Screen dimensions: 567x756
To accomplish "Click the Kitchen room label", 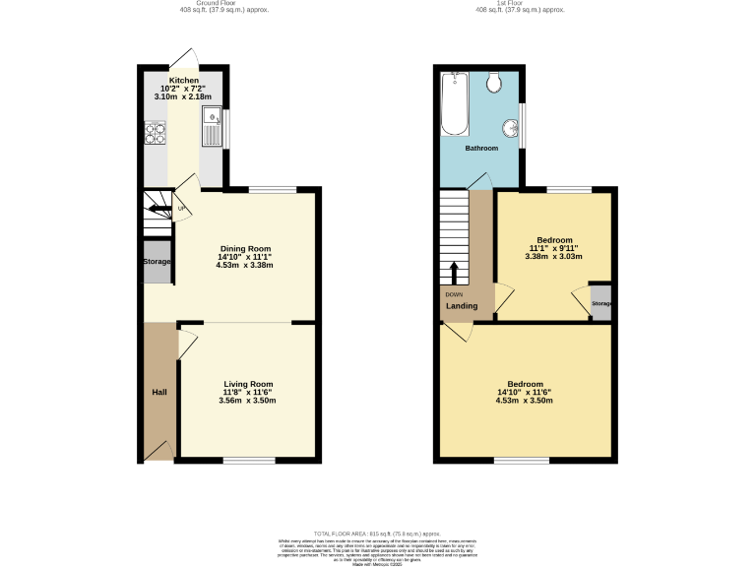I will click(183, 81).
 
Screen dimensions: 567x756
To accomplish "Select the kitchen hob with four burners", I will click(156, 132).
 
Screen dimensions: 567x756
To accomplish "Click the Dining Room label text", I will click(244, 249).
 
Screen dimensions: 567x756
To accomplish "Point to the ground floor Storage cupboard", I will click(157, 262).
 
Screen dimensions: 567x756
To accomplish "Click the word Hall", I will click(158, 393).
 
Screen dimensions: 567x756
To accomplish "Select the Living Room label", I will click(248, 384).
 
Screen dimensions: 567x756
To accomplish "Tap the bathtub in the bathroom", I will click(455, 103).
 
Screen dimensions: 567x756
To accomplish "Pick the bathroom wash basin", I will click(511, 127).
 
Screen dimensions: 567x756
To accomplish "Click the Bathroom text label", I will click(481, 149).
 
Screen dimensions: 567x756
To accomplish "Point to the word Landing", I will click(462, 306).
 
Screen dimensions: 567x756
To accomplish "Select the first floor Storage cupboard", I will click(601, 303).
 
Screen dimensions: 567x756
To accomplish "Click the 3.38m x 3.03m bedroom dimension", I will click(553, 256).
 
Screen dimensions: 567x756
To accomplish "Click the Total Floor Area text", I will click(378, 532).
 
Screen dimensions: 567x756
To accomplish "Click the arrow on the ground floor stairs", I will click(158, 209).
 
